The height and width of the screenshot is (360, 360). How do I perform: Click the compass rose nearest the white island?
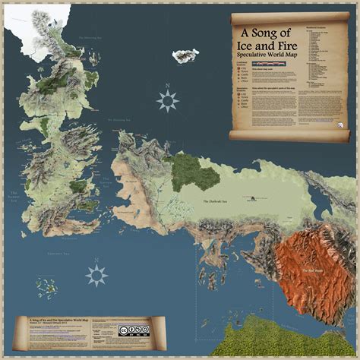(x=167, y=99)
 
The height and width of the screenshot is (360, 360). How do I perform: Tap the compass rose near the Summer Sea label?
(x=96, y=275)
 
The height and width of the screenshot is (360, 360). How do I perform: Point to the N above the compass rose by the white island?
(x=167, y=85)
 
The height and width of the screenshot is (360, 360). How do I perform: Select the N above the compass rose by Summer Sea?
(x=96, y=261)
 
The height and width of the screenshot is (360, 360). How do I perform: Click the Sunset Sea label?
(x=14, y=199)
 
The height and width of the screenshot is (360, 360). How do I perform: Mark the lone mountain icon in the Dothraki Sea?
(x=250, y=200)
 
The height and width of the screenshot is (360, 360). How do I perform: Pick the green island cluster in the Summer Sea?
(x=51, y=288)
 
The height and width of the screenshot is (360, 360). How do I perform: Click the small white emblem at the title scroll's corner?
(x=343, y=127)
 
